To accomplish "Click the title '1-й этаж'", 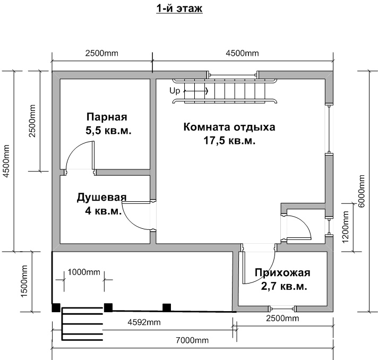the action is [179, 8].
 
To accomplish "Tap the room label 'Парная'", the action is [107, 117].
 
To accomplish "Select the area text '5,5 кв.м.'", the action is [108, 131].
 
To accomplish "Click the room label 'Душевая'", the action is [101, 197].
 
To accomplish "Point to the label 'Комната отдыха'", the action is [229, 127].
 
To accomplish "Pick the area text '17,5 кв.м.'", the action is [229, 140].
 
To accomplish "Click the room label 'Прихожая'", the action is [282, 273].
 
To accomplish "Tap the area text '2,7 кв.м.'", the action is [284, 286].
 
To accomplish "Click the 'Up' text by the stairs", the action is [175, 91].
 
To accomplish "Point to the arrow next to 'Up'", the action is [196, 91].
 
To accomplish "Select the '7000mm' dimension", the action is [192, 340].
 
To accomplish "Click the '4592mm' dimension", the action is [144, 322].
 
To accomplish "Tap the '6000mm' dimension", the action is [362, 191].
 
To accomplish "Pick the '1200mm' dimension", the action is [345, 227].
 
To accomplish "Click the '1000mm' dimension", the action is [84, 272].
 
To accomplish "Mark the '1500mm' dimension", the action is [24, 281].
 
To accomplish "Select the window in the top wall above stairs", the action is [233, 75].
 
